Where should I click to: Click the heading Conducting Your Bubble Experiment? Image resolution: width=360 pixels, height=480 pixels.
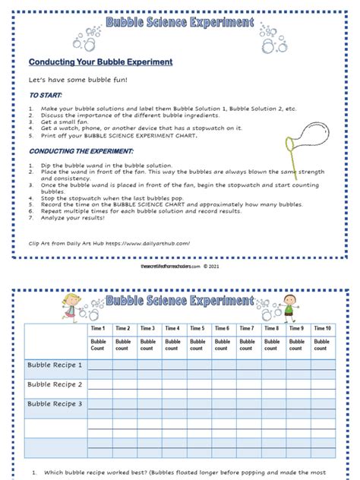[100, 62]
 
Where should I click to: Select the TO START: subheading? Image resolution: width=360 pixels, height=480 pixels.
[46, 96]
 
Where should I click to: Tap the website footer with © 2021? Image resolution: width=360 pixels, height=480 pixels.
[179, 267]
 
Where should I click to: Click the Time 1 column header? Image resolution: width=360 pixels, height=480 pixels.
[98, 328]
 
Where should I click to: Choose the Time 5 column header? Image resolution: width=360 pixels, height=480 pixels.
[197, 328]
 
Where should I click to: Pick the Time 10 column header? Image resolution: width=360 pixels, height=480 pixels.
[322, 328]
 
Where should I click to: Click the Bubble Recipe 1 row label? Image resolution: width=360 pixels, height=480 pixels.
[55, 365]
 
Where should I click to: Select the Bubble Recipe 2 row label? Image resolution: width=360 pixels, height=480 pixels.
[55, 385]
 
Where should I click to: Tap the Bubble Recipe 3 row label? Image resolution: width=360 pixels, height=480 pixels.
[55, 404]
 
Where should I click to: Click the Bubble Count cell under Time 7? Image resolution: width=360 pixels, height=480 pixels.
[247, 345]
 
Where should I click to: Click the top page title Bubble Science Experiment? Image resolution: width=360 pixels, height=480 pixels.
[179, 24]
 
